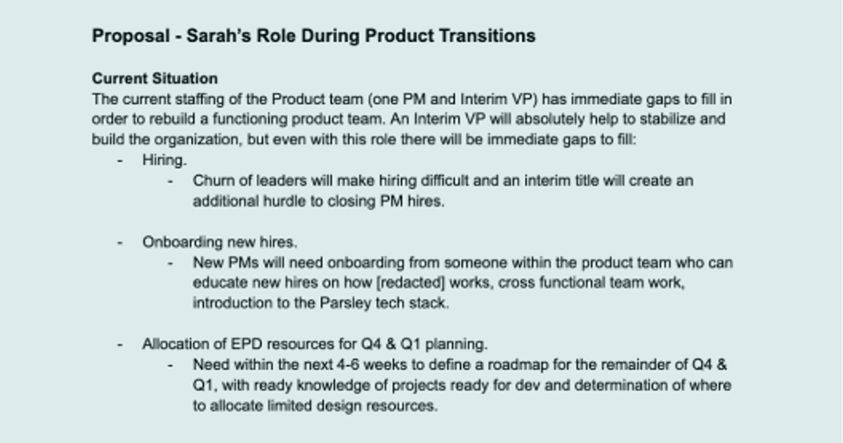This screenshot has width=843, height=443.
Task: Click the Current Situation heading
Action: [x=155, y=78]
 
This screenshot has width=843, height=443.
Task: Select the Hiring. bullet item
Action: [x=164, y=160]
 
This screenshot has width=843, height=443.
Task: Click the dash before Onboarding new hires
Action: [x=120, y=242]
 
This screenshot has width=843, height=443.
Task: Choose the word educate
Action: [x=218, y=283]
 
